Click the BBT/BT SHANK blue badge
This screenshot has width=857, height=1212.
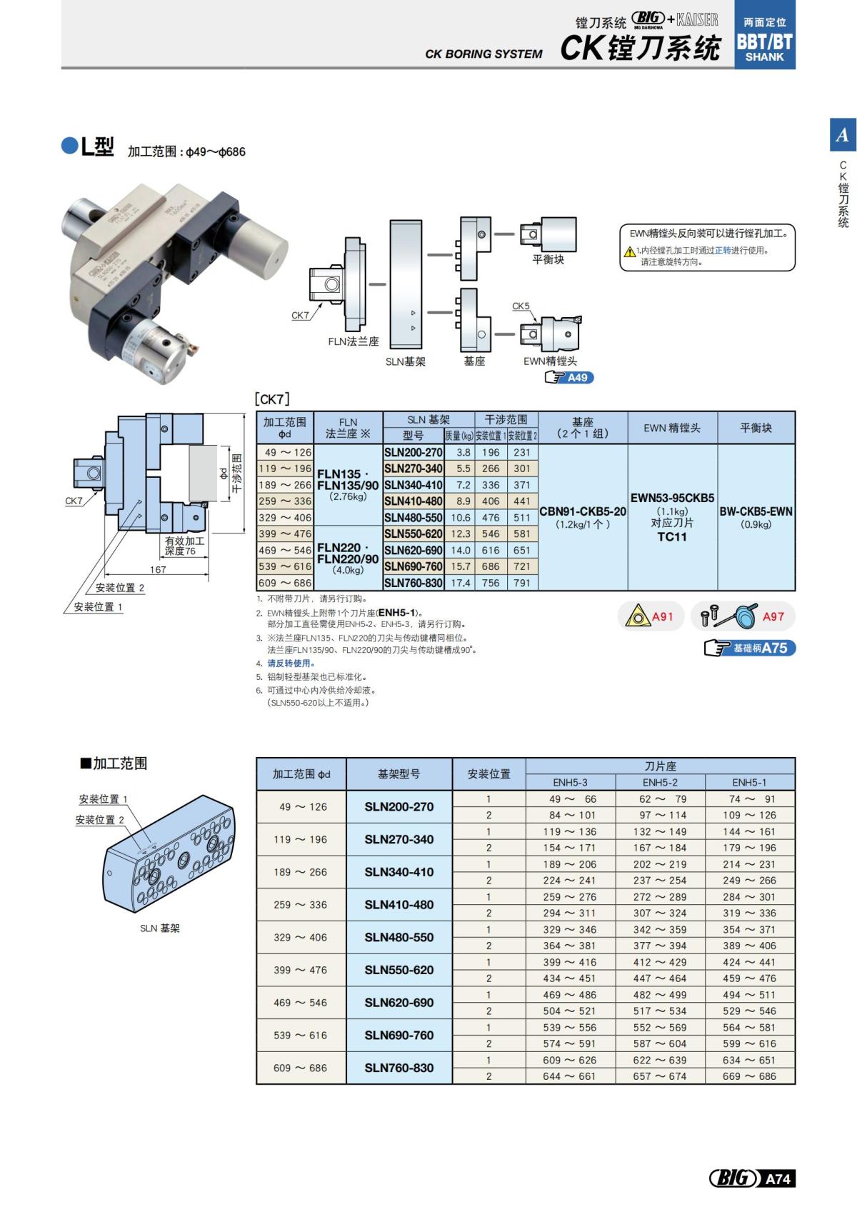764,41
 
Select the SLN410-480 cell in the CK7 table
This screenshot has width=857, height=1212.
413,501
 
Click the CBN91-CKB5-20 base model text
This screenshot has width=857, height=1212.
582,511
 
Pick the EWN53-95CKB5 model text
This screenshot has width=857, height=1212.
672,498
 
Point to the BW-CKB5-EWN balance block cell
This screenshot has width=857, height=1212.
756,511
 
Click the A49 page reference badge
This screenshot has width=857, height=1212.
570,378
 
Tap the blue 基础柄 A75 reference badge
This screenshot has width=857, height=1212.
750,648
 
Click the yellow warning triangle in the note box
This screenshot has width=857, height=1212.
629,251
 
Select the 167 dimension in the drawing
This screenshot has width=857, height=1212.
158,569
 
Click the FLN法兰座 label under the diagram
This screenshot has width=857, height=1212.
354,341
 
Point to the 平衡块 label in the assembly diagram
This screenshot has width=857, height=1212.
548,259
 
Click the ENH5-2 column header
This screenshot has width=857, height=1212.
660,782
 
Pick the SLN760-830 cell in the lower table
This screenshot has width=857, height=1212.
399,1068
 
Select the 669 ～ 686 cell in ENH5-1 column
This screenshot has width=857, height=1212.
748,1076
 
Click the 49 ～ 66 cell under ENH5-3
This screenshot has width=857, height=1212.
571,799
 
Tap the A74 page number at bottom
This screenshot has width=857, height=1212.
777,1178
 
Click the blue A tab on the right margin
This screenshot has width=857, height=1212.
843,135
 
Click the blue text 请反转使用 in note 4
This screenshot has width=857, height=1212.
291,663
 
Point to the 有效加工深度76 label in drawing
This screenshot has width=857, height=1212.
184,546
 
